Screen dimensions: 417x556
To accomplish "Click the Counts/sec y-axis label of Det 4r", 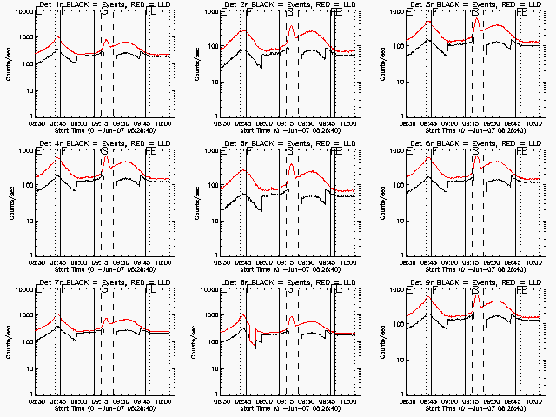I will pyautogui.click(x=7, y=202).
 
